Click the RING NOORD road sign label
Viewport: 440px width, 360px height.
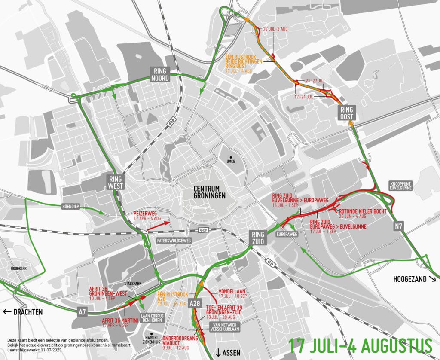click(159, 74)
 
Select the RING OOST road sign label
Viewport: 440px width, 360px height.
click(346, 113)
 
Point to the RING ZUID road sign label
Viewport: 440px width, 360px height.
click(258, 238)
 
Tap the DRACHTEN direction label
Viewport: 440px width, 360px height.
click(23, 312)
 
